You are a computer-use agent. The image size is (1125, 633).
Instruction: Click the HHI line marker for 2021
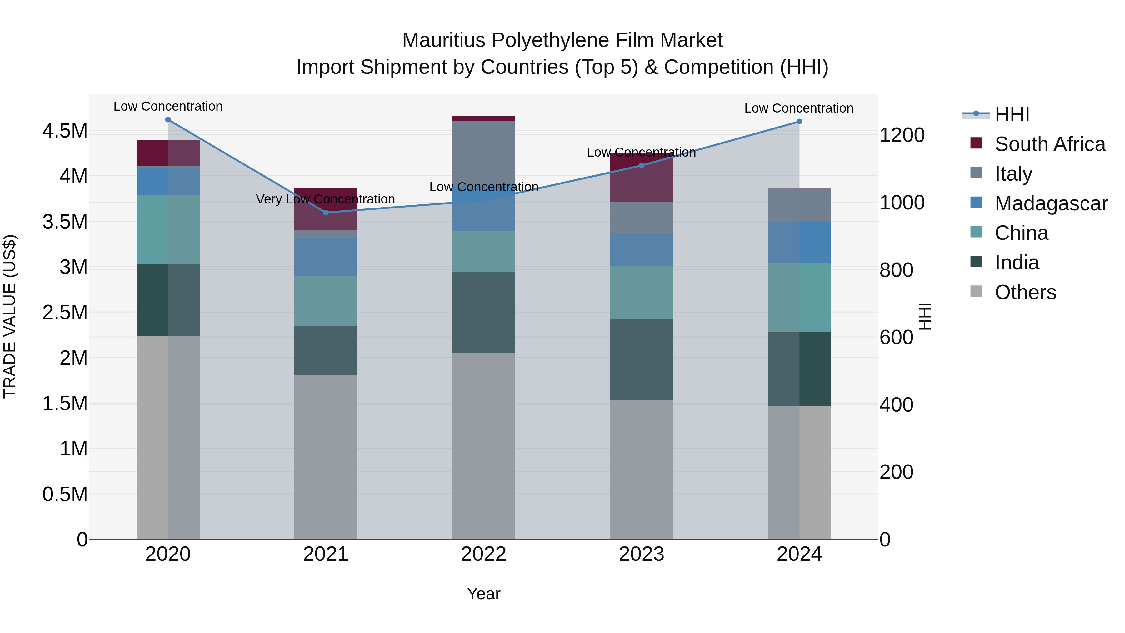pos(326,212)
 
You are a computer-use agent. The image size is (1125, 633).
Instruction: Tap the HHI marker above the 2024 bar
pos(799,122)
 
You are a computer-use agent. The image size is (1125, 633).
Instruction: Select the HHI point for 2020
pos(168,120)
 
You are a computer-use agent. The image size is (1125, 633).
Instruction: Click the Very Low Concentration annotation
pos(325,199)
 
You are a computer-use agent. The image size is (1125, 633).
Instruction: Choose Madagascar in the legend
pos(1051,203)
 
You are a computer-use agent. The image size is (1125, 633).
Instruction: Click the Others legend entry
pos(1025,292)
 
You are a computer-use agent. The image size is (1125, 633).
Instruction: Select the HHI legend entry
pos(1012,114)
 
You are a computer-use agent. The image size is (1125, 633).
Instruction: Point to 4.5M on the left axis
pos(65,131)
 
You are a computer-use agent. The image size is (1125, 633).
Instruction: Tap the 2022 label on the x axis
pos(483,554)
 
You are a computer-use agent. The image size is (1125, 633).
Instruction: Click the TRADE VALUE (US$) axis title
pos(10,316)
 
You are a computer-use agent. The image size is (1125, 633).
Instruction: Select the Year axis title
pos(483,594)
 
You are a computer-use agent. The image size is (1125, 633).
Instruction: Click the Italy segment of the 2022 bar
pos(483,153)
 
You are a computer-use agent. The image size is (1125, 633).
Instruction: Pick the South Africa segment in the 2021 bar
pos(326,209)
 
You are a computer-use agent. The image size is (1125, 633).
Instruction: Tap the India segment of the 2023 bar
pos(641,359)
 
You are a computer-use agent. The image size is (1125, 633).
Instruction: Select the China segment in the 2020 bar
pos(168,229)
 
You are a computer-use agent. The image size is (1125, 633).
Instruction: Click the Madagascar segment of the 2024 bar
pos(799,242)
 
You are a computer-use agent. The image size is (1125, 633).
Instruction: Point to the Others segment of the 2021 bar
pos(326,456)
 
